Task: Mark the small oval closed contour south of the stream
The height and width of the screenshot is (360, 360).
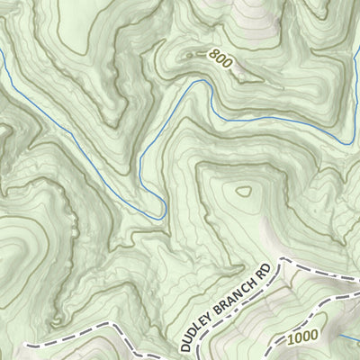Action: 243,191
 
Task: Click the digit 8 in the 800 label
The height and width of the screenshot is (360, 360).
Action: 211,55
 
